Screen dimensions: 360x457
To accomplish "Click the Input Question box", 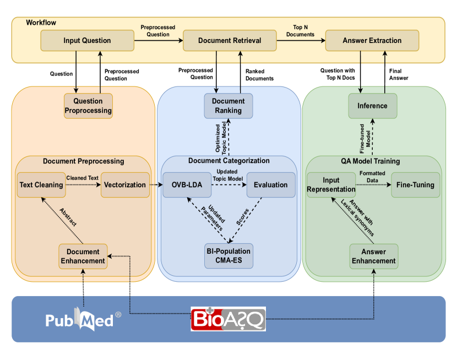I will click(87, 41).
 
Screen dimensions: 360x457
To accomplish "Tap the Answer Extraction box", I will click(372, 41).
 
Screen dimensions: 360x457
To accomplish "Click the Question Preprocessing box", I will click(88, 106).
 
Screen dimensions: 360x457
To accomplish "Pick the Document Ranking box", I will click(228, 106).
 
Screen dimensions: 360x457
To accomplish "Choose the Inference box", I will click(372, 106).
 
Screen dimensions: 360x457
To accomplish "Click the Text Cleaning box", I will click(41, 185).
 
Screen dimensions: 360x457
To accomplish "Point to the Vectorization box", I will click(126, 185).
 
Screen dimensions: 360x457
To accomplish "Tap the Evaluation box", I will click(270, 185).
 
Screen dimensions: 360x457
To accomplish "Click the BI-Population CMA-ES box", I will click(228, 256).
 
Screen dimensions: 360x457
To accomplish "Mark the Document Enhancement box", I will click(83, 256).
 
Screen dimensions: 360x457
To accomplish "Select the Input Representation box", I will click(331, 185).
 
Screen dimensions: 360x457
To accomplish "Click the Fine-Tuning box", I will click(416, 185).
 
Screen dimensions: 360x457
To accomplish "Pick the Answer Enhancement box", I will click(374, 256).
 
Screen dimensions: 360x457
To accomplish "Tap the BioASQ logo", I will click(228, 319).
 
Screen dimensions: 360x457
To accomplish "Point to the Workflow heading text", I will click(41, 23).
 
